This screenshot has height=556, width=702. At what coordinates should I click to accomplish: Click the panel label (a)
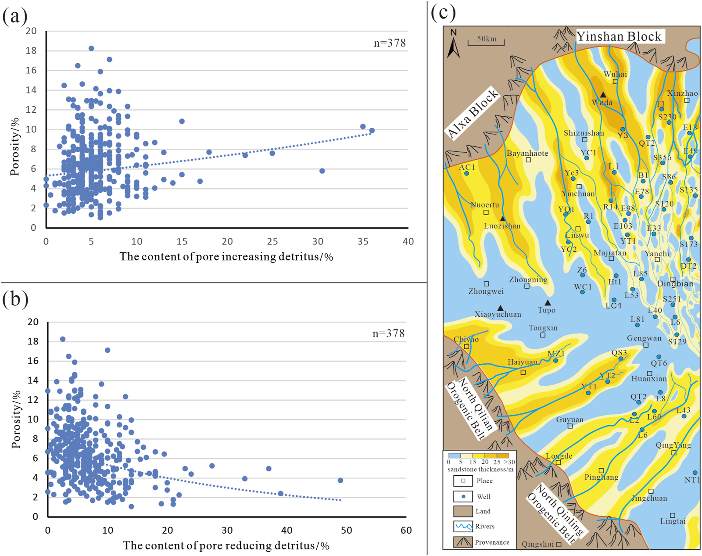(x=15, y=17)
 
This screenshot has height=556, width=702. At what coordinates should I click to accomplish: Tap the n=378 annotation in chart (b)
(x=388, y=334)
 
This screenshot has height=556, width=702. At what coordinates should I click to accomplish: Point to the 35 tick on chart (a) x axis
(x=363, y=241)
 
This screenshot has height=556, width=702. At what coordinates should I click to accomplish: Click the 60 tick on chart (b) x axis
(x=406, y=530)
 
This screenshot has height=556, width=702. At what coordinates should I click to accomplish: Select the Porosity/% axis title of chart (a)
(x=15, y=147)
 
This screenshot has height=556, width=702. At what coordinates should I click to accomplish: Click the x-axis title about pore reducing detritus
(x=226, y=545)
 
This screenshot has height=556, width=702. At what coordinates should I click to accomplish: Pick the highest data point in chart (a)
(x=91, y=49)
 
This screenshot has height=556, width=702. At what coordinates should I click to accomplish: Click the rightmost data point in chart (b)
(x=340, y=481)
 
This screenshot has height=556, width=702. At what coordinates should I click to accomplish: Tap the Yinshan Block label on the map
(x=619, y=36)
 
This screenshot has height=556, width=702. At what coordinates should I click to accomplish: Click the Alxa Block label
(x=473, y=113)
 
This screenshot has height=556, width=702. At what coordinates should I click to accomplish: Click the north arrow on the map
(x=453, y=46)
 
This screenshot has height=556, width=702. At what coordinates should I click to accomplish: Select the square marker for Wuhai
(x=615, y=82)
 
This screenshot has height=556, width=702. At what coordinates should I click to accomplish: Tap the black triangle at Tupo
(x=548, y=303)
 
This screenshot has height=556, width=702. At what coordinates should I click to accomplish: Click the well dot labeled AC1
(x=466, y=173)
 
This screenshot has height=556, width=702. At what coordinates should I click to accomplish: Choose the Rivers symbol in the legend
(x=463, y=526)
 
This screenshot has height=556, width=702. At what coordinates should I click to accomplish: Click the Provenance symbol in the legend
(x=463, y=542)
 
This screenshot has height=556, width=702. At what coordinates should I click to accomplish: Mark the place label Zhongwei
(x=486, y=291)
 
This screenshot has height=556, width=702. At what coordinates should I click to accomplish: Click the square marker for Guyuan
(x=570, y=426)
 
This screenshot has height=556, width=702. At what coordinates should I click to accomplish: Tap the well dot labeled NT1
(x=695, y=473)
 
